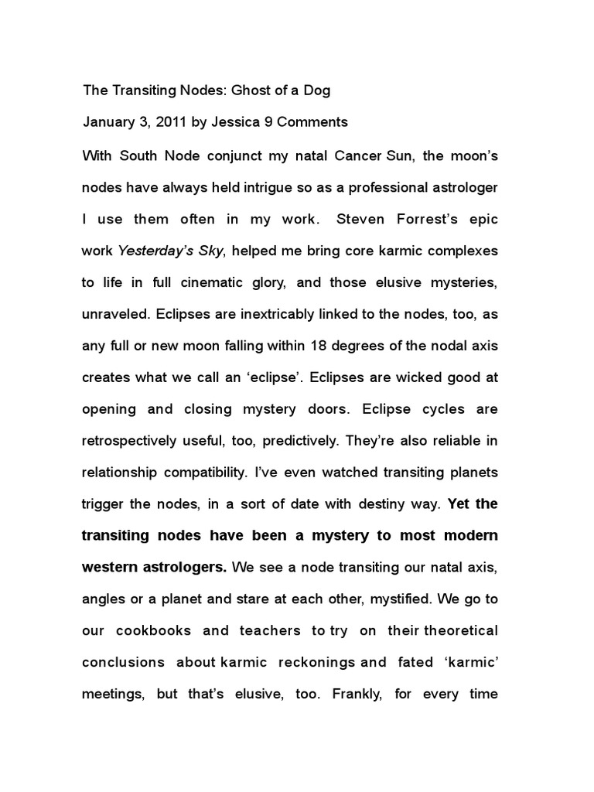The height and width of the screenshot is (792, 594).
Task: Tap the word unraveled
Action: [114, 316]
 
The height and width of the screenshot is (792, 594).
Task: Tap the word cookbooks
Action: [154, 631]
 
